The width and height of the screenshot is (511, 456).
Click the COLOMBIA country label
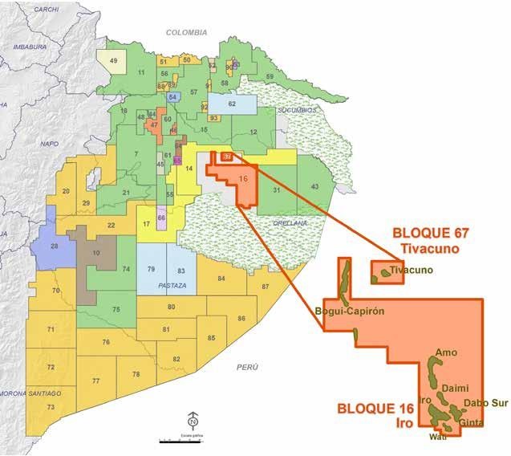[x=186, y=32]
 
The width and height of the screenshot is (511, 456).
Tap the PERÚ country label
[x=249, y=367]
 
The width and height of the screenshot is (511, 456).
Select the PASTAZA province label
[x=172, y=286]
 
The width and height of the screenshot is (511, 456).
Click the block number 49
[x=113, y=61]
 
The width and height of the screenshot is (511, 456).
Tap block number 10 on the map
[x=96, y=254]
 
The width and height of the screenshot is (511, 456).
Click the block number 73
[x=50, y=408]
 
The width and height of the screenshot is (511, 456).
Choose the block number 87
[x=266, y=287]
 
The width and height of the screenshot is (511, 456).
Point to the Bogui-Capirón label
[x=351, y=311]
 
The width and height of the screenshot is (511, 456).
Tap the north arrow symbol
[x=193, y=420]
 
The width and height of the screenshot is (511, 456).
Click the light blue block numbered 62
[x=232, y=104]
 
